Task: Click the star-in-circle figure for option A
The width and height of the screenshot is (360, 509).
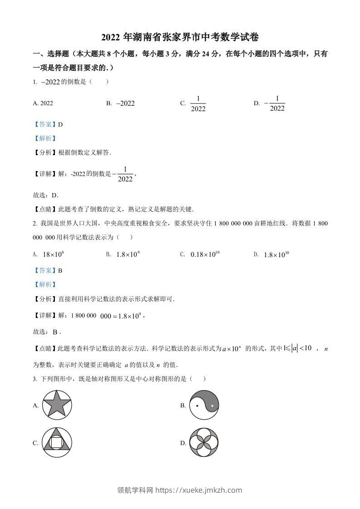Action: pos(57,405)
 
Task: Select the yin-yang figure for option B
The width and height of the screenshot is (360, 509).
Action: pos(204,405)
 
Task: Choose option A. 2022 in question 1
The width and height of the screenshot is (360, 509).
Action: pos(43,103)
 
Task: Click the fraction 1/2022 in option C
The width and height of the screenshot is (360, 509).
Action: pos(198,103)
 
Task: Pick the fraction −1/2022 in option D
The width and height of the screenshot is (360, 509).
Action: pos(274,103)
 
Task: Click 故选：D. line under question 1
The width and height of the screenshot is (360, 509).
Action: pos(46,195)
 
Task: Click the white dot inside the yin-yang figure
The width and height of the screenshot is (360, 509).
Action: pos(212,405)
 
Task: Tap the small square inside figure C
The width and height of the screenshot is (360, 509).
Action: pos(57,441)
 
